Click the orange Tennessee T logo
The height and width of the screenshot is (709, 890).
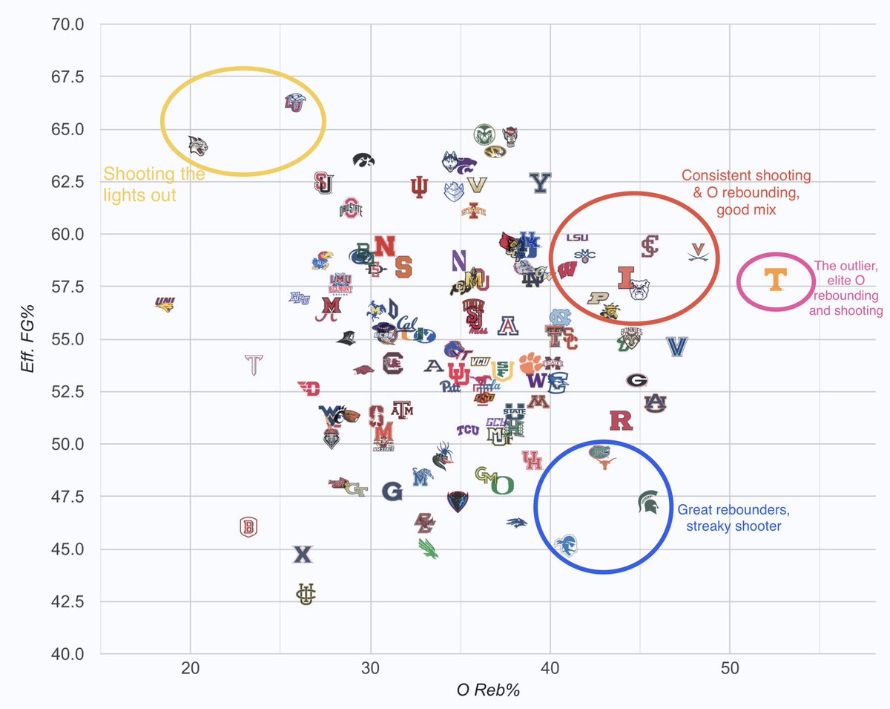coord(775,280)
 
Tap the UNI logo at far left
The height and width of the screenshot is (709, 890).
coord(165,303)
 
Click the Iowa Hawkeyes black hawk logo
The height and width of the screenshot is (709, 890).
coord(363,160)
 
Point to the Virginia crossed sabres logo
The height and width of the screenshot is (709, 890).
coord(699,252)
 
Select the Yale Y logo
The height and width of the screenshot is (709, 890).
coord(541,183)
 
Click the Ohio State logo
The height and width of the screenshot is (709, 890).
coord(351,209)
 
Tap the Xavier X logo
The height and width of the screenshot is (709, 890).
coord(303,555)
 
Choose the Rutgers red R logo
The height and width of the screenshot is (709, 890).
coord(621,421)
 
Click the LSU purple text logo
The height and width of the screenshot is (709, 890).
coord(577,238)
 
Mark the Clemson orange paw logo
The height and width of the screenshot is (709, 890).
coord(530,363)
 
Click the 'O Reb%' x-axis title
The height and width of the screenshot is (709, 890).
coord(488,690)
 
